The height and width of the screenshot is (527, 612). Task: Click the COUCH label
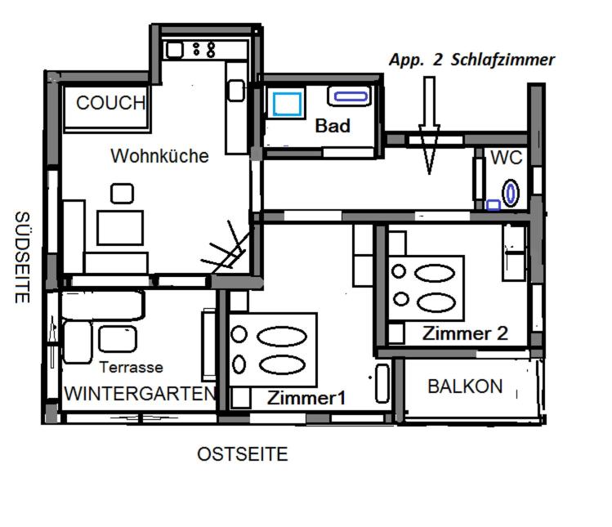(111, 103)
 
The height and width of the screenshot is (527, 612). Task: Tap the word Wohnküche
(159, 156)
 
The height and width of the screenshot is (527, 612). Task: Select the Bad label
(333, 126)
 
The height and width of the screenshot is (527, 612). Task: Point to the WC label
(507, 158)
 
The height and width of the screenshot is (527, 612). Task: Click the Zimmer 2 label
(465, 333)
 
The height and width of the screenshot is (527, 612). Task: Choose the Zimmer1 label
(306, 398)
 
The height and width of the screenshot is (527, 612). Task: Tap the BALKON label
(465, 386)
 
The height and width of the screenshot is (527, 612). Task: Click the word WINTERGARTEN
(140, 394)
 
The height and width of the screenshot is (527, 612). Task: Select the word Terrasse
(131, 367)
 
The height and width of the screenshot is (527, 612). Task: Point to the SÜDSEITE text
(22, 257)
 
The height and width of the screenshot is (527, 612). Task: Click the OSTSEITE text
(243, 454)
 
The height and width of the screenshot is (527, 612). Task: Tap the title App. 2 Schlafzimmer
(471, 60)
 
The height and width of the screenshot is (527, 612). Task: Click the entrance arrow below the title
(429, 126)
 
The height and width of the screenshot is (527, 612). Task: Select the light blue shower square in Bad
(288, 105)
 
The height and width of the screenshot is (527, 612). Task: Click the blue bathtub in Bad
(351, 96)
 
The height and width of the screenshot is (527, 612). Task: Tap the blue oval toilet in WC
(510, 193)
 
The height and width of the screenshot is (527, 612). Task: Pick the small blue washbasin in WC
(494, 205)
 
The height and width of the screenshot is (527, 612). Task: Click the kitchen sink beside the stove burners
(175, 50)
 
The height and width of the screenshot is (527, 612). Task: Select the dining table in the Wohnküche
(120, 228)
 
